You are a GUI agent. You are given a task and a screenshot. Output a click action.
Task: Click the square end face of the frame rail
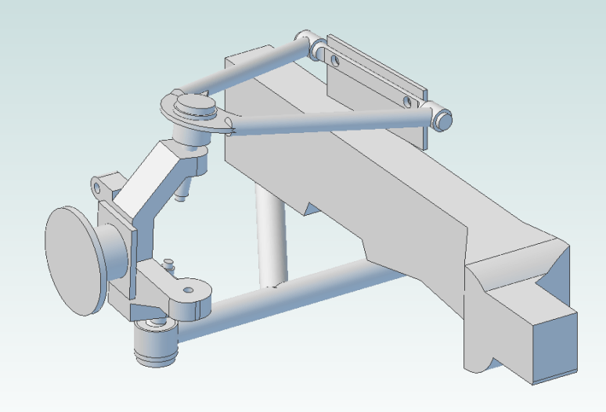click(x=554, y=345)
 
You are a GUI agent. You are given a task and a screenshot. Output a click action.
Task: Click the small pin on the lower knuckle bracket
click(x=168, y=263)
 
